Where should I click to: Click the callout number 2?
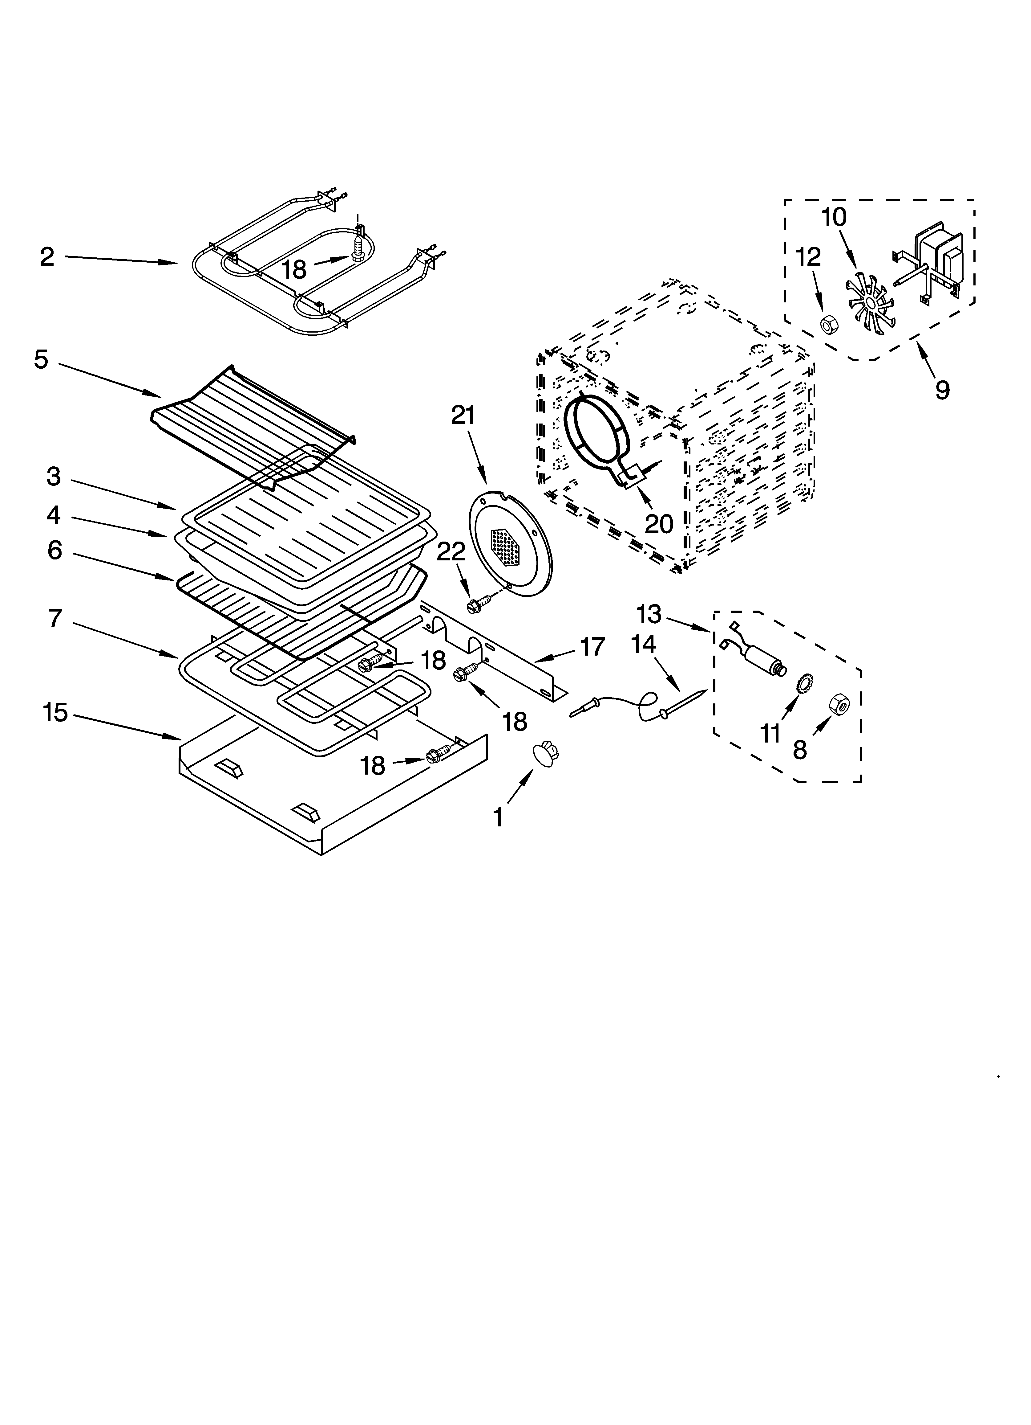point(47,257)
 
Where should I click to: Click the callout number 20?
point(659,523)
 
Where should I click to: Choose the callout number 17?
point(592,646)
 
